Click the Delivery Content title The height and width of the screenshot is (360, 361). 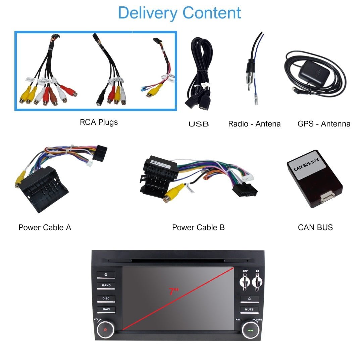tap(179, 13)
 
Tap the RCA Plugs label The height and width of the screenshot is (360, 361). tap(99, 122)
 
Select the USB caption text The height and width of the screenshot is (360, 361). tap(198, 124)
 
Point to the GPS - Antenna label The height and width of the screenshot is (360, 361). tap(324, 124)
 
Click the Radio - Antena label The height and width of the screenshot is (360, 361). tap(254, 124)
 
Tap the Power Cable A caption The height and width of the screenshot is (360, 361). tap(45, 227)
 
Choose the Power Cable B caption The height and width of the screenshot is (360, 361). tap(198, 227)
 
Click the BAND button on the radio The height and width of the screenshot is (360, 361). tap(106, 286)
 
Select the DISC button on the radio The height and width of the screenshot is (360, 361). tap(106, 298)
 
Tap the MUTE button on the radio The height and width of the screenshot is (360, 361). tap(249, 309)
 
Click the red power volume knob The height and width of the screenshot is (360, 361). tap(105, 329)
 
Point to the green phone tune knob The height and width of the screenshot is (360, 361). tap(251, 329)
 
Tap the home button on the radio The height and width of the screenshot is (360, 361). tap(106, 274)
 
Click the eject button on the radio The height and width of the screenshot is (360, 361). tap(249, 299)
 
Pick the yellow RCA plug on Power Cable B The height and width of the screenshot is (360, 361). tap(173, 193)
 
